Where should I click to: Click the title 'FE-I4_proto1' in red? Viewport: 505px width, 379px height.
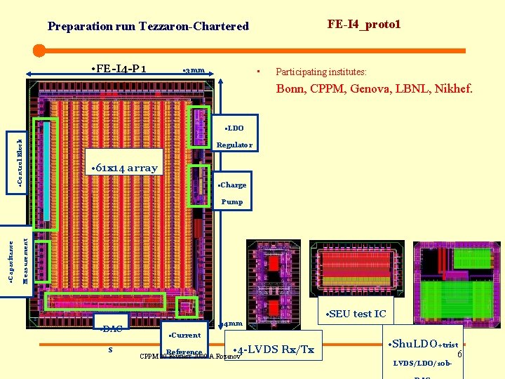coord(364,25)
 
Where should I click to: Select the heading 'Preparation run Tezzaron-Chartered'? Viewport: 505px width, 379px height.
coord(148,27)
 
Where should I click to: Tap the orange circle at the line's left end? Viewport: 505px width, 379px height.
coord(39,51)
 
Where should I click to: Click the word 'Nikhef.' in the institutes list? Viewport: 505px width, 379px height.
coord(453,89)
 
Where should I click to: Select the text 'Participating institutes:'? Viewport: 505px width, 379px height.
coord(321,72)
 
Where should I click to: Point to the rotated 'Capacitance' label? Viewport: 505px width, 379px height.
coord(10,262)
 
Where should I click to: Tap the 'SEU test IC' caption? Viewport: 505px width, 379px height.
coord(357,314)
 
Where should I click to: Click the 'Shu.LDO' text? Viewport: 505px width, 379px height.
coord(413,344)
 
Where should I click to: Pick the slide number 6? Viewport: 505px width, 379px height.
coord(459,356)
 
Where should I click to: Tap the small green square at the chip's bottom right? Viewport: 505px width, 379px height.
coord(186,306)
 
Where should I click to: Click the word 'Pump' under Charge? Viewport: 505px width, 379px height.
coord(232,201)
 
